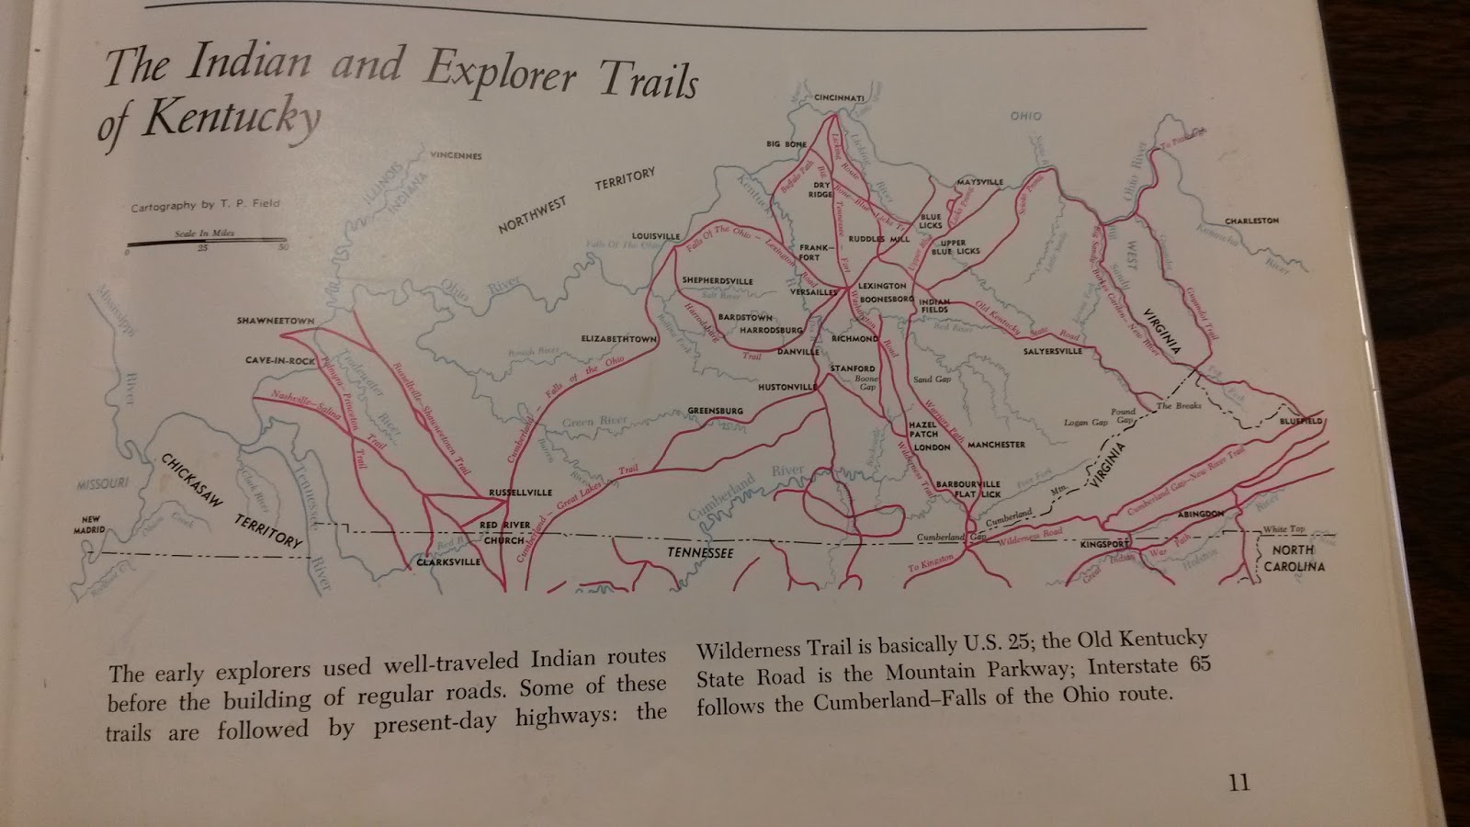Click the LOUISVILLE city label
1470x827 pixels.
pyautogui.click(x=655, y=236)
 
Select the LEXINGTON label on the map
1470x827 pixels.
pyautogui.click(x=882, y=286)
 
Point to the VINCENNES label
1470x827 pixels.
pyautogui.click(x=456, y=155)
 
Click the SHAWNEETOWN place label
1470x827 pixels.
pyautogui.click(x=275, y=321)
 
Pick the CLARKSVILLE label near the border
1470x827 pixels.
pyautogui.click(x=448, y=561)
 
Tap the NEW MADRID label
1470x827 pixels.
pyautogui.click(x=90, y=525)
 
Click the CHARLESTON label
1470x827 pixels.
pyautogui.click(x=1251, y=221)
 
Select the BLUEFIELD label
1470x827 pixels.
pyautogui.click(x=1300, y=421)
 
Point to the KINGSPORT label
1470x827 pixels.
pyautogui.click(x=1104, y=544)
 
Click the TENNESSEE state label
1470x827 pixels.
pyautogui.click(x=700, y=552)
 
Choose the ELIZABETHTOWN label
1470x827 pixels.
pyautogui.click(x=618, y=338)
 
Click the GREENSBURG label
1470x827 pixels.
pyautogui.click(x=715, y=410)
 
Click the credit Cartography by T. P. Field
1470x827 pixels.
pyautogui.click(x=205, y=205)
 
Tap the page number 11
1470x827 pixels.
pyautogui.click(x=1238, y=782)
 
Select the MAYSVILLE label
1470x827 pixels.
pyautogui.click(x=979, y=182)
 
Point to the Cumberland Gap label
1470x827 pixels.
pyautogui.click(x=951, y=537)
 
